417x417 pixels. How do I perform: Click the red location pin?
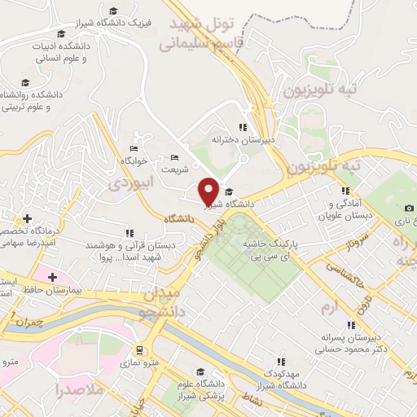tap(209, 191)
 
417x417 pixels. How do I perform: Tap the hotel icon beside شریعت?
tap(174, 158)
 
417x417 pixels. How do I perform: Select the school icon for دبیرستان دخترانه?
tap(243, 127)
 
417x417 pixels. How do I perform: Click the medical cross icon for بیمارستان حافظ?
tap(52, 278)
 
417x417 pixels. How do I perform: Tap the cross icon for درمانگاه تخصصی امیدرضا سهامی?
tap(28, 218)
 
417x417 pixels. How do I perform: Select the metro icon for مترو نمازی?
tap(140, 351)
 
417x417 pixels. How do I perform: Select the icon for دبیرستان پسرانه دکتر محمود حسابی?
tap(351, 324)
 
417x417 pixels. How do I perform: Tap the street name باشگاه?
tap(179, 218)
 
